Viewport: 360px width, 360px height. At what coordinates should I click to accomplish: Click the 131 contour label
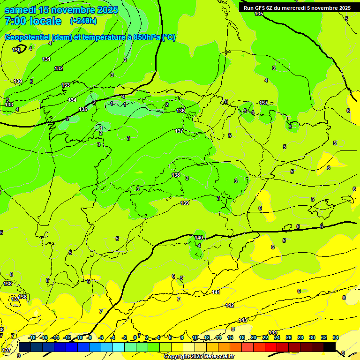tap(46, 59)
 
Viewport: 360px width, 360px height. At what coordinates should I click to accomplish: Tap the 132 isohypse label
tap(59, 68)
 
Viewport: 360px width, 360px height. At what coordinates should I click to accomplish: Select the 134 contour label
tap(72, 100)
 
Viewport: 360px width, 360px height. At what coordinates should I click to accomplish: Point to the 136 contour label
tap(180, 111)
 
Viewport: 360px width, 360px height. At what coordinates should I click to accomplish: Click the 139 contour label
tap(185, 203)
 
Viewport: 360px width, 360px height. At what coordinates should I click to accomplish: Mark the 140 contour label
tap(199, 238)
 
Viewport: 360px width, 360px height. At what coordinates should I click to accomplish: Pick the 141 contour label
tap(216, 292)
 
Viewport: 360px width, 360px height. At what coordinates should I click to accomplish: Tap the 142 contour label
tap(230, 305)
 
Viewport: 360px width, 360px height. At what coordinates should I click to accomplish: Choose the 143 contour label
tap(243, 320)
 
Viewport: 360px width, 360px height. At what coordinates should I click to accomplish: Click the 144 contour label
tap(273, 332)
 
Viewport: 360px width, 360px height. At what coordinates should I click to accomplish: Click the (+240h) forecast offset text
tap(83, 21)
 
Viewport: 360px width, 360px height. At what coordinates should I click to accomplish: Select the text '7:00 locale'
tap(33, 21)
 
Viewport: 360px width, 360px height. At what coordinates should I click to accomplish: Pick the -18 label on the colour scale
tap(32, 337)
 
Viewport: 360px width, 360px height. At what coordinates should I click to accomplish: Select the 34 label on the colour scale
tap(336, 337)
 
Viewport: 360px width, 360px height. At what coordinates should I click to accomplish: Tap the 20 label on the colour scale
tap(254, 337)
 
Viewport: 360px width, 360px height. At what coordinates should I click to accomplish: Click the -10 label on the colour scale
tap(79, 337)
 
